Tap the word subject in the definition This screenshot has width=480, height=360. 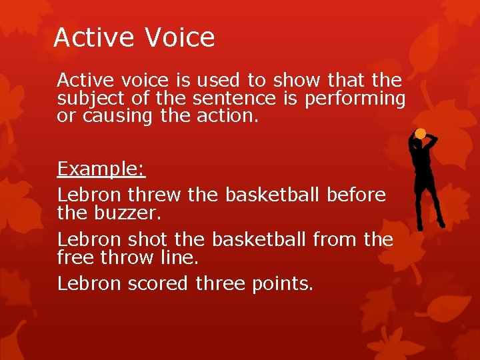[83, 99]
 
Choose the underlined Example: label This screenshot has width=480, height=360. [101, 169]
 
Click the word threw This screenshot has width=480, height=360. [154, 195]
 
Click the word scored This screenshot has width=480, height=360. [157, 283]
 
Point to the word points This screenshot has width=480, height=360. [282, 284]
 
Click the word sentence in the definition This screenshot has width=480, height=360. [233, 99]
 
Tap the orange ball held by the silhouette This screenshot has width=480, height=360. [420, 134]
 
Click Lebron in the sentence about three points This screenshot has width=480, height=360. [89, 283]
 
